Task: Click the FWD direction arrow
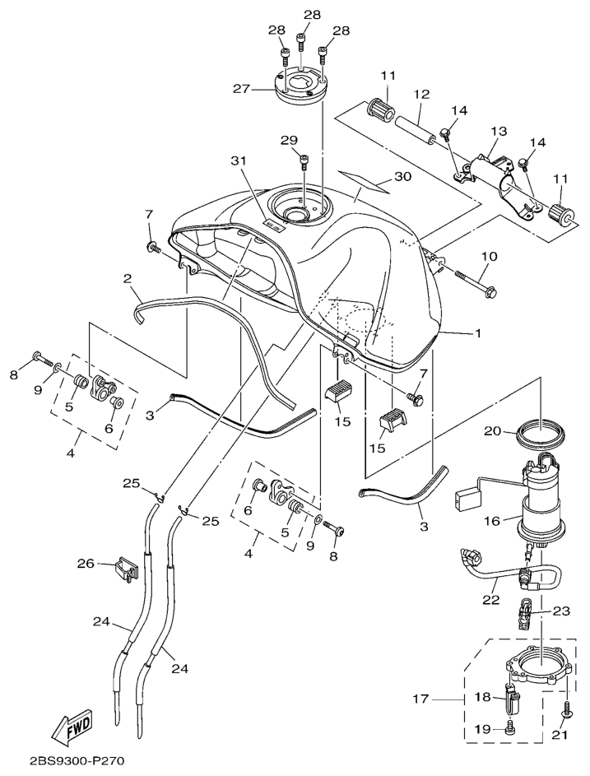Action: [72, 725]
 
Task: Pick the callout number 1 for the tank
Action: [476, 333]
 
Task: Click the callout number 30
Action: [402, 177]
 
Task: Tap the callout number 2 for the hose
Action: [128, 279]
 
